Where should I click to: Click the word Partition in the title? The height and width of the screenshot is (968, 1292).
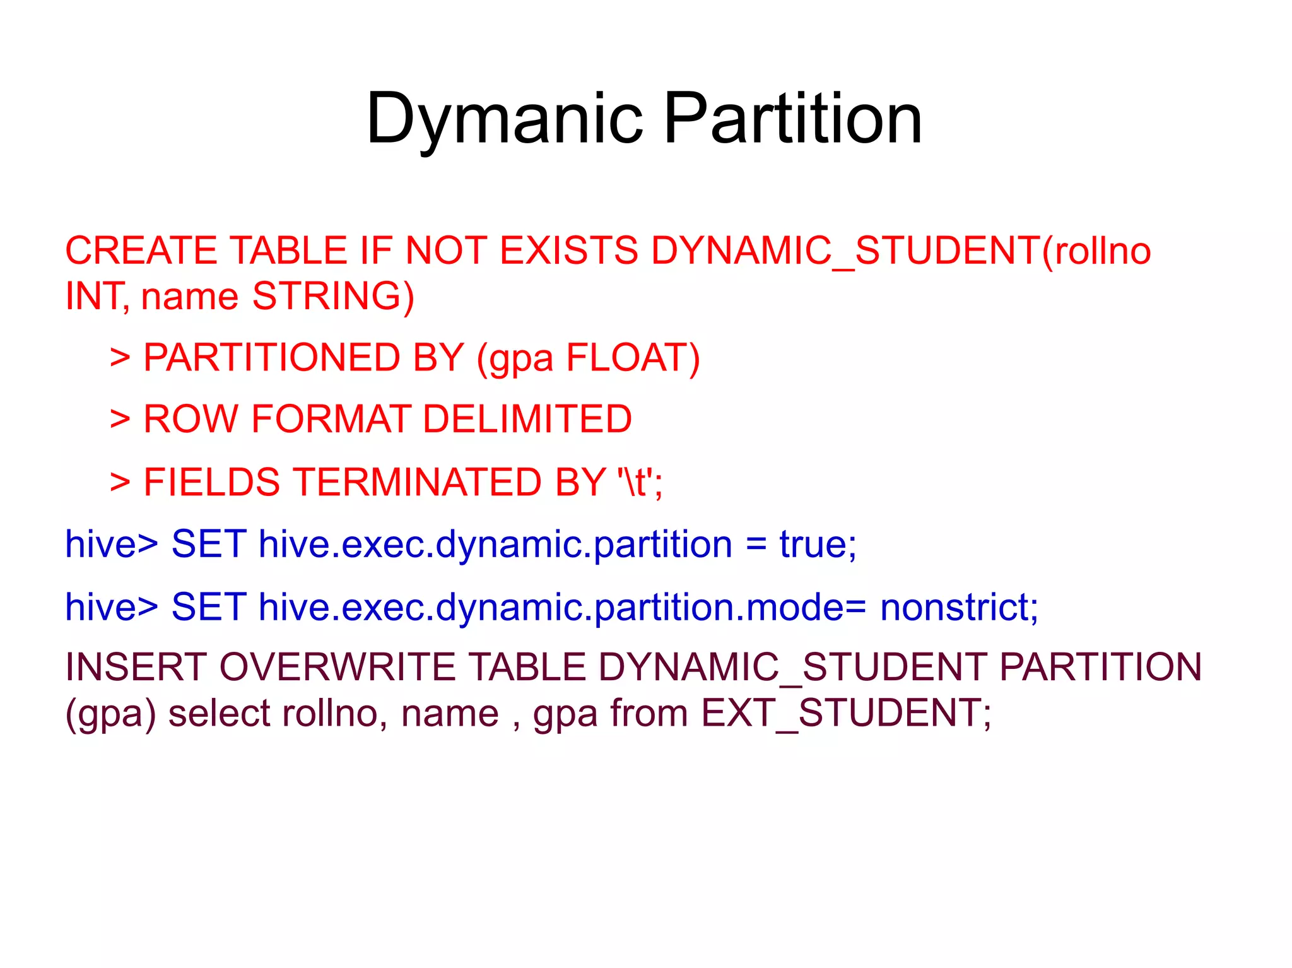point(793,119)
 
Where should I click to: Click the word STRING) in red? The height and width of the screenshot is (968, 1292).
point(333,296)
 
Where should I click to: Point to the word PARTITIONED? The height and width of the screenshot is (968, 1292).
point(272,358)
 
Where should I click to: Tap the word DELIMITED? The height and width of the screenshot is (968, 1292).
point(527,419)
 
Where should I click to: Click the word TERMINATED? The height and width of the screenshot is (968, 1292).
point(418,482)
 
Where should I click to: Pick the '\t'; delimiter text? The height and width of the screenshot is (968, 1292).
point(640,482)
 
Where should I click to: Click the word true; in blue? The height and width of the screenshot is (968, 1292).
point(818,544)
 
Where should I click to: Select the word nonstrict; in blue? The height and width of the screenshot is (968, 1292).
point(959,607)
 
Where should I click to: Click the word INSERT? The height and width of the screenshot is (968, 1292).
point(136,667)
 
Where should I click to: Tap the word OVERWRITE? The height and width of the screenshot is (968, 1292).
point(338,667)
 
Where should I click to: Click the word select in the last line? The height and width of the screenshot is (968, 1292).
point(218,714)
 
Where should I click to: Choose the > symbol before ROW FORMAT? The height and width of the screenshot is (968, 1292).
point(120,419)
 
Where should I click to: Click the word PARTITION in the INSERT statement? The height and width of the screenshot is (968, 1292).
point(1101,667)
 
